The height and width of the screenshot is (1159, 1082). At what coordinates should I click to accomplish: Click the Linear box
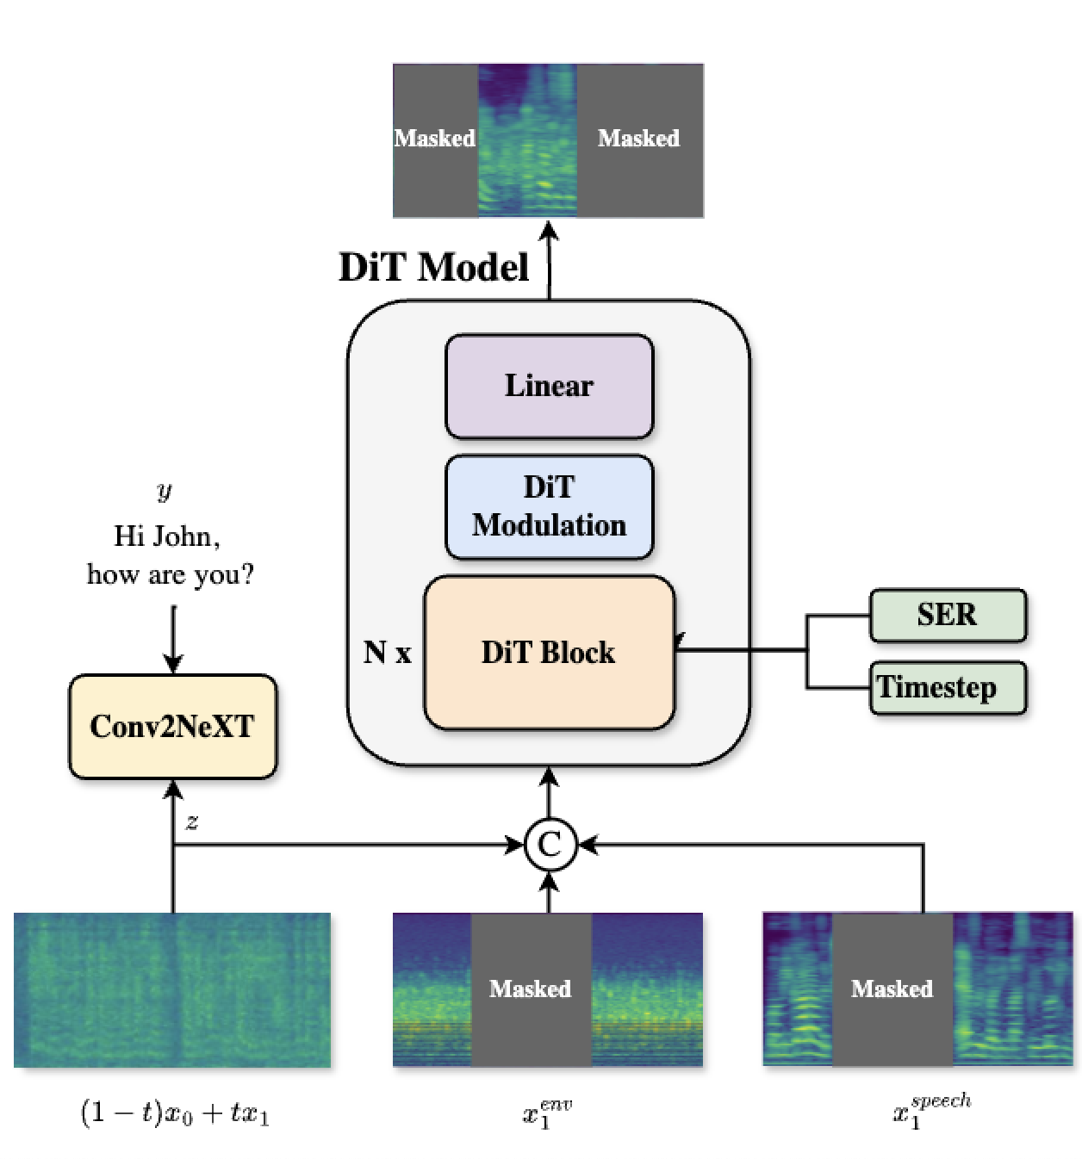coord(549,386)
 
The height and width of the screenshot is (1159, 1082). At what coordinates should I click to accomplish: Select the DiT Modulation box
coord(549,506)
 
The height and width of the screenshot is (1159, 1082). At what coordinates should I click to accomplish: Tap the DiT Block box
coord(549,652)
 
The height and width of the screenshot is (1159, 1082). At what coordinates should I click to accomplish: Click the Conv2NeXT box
coord(172,726)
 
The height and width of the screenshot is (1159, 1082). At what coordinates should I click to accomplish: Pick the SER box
coord(947,615)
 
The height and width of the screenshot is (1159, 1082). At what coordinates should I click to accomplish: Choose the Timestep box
coord(947,687)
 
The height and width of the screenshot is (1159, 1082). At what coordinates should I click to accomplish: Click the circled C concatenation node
coord(550,845)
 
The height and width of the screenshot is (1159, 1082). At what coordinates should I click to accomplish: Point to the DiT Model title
coord(433,267)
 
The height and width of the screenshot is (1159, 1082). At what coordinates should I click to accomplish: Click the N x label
coord(387,653)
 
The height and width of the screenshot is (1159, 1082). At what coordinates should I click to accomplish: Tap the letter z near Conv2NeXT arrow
coord(192,821)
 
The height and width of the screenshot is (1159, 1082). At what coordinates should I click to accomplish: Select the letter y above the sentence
coord(165,491)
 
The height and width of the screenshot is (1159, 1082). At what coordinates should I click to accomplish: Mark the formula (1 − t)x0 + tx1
coord(175,1113)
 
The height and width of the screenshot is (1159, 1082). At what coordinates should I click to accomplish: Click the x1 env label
coord(546,1113)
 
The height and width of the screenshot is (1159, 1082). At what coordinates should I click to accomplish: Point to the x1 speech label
coord(930,1111)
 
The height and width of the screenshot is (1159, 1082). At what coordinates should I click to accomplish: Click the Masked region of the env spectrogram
coord(531,989)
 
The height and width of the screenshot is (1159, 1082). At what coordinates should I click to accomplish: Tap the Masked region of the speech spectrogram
coord(892,989)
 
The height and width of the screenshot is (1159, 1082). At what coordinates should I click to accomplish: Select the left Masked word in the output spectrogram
coord(434,138)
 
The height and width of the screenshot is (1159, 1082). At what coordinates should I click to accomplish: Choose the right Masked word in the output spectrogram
coord(638,138)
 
